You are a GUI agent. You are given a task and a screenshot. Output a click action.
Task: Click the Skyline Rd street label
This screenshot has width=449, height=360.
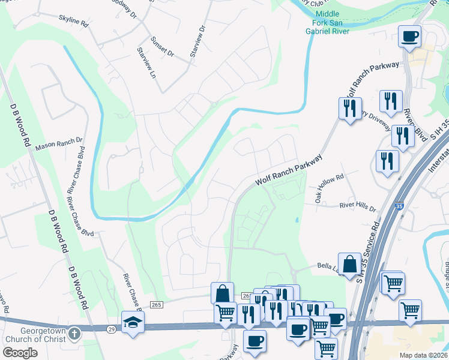click(73, 22)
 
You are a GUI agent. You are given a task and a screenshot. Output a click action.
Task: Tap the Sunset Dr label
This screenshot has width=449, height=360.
click(162, 44)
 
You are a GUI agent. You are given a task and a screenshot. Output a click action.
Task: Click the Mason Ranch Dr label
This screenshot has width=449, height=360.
click(59, 144)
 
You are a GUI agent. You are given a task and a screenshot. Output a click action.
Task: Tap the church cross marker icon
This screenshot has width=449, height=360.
click(73, 332)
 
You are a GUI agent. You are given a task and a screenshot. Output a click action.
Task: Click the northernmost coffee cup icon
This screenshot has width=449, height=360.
click(409, 36)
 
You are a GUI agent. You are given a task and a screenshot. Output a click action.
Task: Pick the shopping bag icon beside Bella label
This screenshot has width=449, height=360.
click(349, 263)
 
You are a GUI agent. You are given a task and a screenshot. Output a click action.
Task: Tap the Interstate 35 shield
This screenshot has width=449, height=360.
click(399, 206)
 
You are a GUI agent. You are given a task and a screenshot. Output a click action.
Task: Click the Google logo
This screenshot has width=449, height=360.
click(20, 352)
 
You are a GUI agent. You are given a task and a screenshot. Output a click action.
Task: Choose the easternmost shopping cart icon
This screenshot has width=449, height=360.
click(410, 310)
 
